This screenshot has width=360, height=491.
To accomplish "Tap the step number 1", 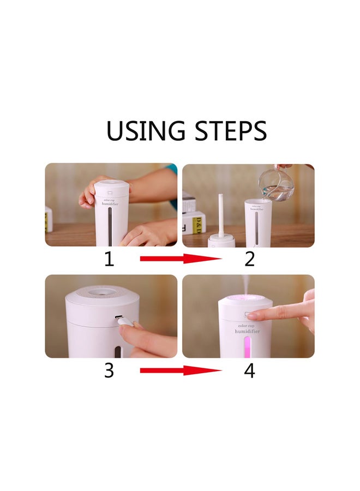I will point(109,259).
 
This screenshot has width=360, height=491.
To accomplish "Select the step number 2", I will point(249,259).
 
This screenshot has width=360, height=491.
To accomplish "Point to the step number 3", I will point(109,370).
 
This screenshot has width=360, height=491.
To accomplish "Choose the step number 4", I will point(249,370).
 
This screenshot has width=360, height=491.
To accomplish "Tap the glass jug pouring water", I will point(275,185).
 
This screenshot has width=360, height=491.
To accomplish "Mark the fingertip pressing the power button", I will point(261,315).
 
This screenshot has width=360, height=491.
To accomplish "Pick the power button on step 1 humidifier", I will point(110,192).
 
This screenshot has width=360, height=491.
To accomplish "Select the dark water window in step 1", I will point(112,224).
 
